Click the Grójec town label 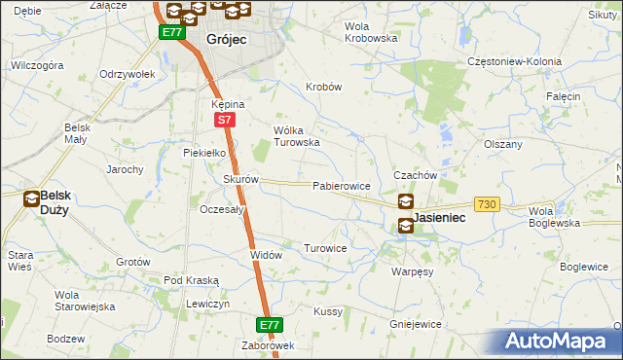(226, 40)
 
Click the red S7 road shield (224, 120)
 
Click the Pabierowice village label (341, 185)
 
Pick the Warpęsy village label (412, 271)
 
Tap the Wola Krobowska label (372, 32)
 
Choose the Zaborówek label (269, 345)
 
